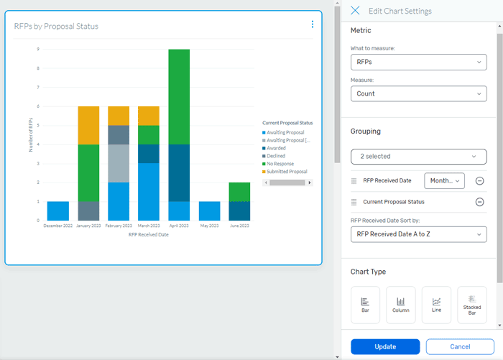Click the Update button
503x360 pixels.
385,346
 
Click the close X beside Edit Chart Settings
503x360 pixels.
355,11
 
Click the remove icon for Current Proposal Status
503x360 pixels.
480,202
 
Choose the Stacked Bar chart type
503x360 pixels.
472,305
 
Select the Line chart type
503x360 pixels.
436,305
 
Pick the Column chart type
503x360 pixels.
401,305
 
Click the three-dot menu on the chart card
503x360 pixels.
313,24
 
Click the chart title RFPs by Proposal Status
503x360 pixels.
56,26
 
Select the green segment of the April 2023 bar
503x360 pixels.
178,97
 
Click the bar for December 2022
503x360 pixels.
58,211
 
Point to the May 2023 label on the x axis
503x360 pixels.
208,226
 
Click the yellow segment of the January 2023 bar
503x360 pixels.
88,125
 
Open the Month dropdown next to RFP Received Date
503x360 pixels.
445,181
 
